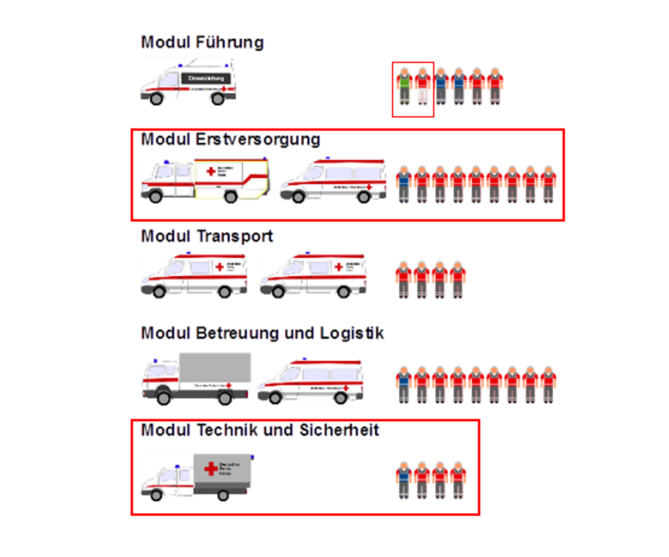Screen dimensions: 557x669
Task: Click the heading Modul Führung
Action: click(x=202, y=43)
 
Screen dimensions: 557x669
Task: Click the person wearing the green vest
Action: click(x=404, y=87)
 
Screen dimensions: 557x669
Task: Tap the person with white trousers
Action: click(x=423, y=87)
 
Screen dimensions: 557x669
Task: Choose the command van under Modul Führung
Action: click(x=188, y=84)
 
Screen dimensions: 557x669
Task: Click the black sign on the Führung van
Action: click(x=206, y=78)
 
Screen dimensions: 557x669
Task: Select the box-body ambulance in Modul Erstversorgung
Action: click(x=204, y=180)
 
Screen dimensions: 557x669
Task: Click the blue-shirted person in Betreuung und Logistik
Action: click(x=404, y=383)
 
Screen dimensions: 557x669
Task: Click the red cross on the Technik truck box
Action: click(x=210, y=468)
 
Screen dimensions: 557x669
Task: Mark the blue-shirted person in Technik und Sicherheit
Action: click(x=404, y=480)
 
